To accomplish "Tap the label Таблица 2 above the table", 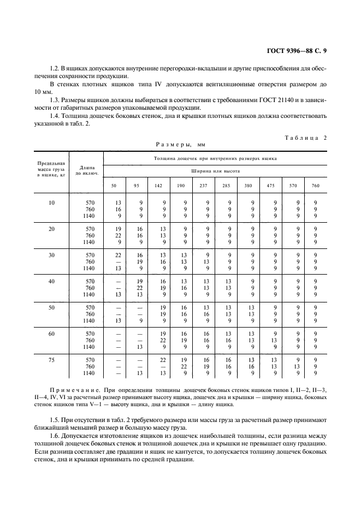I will [x=305, y=138].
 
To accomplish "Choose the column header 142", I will [x=158, y=186].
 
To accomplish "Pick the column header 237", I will [x=204, y=186].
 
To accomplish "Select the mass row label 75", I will [x=51, y=360].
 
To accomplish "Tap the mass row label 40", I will [x=51, y=281].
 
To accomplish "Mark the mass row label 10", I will [x=51, y=203].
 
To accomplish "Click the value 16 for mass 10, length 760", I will [x=117, y=209].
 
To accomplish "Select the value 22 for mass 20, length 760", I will [x=117, y=235].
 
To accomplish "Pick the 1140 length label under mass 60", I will [x=88, y=347].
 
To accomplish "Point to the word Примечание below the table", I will [x=73, y=391].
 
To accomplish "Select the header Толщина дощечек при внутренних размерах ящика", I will [x=215, y=158].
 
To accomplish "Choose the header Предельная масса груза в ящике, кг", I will [x=51, y=169].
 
